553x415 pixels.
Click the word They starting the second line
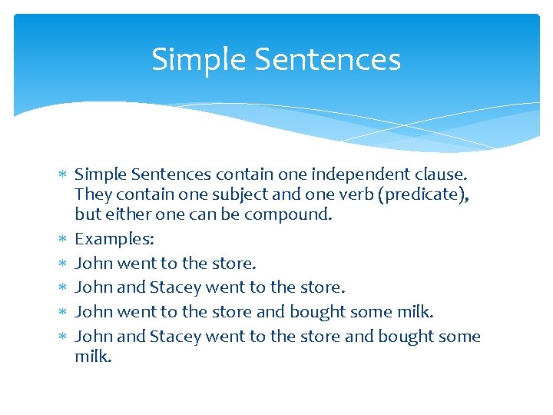pyautogui.click(x=91, y=195)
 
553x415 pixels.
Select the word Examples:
pyautogui.click(x=114, y=239)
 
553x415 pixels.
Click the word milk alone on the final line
pyautogui.click(x=93, y=356)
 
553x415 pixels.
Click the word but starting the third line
pyautogui.click(x=87, y=214)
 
